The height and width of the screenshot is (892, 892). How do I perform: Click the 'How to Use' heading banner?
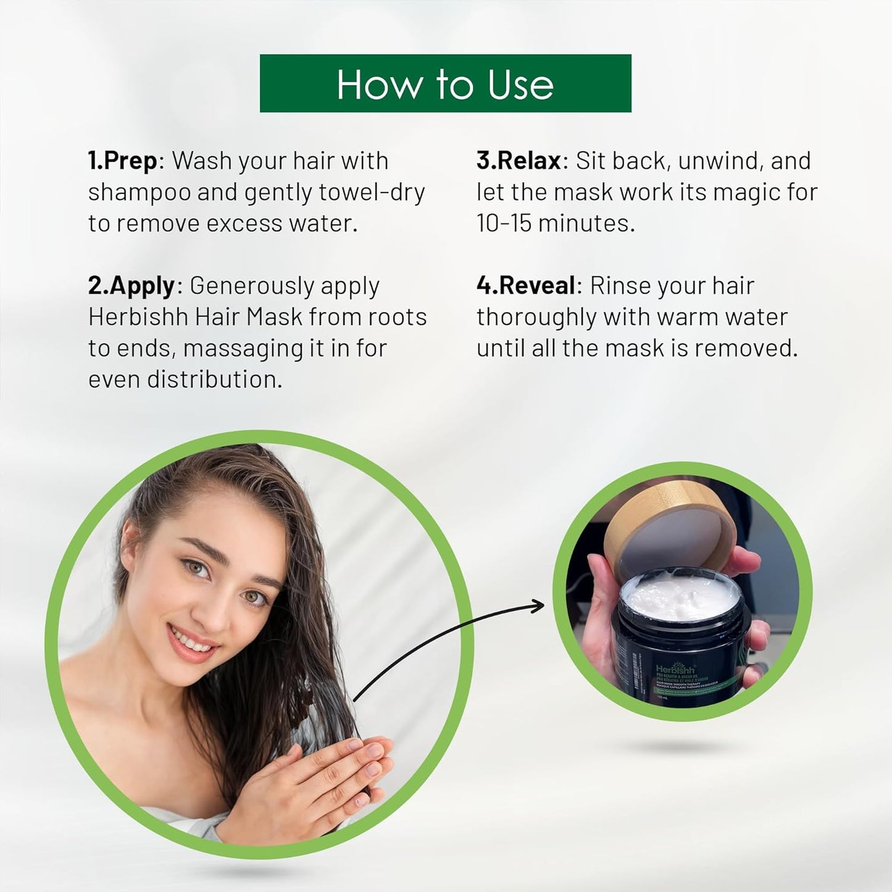(x=445, y=83)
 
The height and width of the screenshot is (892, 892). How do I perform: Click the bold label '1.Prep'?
(x=123, y=160)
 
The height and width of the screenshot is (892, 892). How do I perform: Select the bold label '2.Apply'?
(x=131, y=286)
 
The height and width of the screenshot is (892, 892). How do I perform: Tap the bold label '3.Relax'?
(x=519, y=160)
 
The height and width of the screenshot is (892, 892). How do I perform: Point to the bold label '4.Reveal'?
(x=526, y=286)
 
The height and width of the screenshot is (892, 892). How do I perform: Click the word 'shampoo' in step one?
(x=139, y=193)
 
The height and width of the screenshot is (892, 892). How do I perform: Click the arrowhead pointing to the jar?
(x=538, y=607)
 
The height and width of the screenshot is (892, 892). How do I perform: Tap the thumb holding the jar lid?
(x=741, y=561)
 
